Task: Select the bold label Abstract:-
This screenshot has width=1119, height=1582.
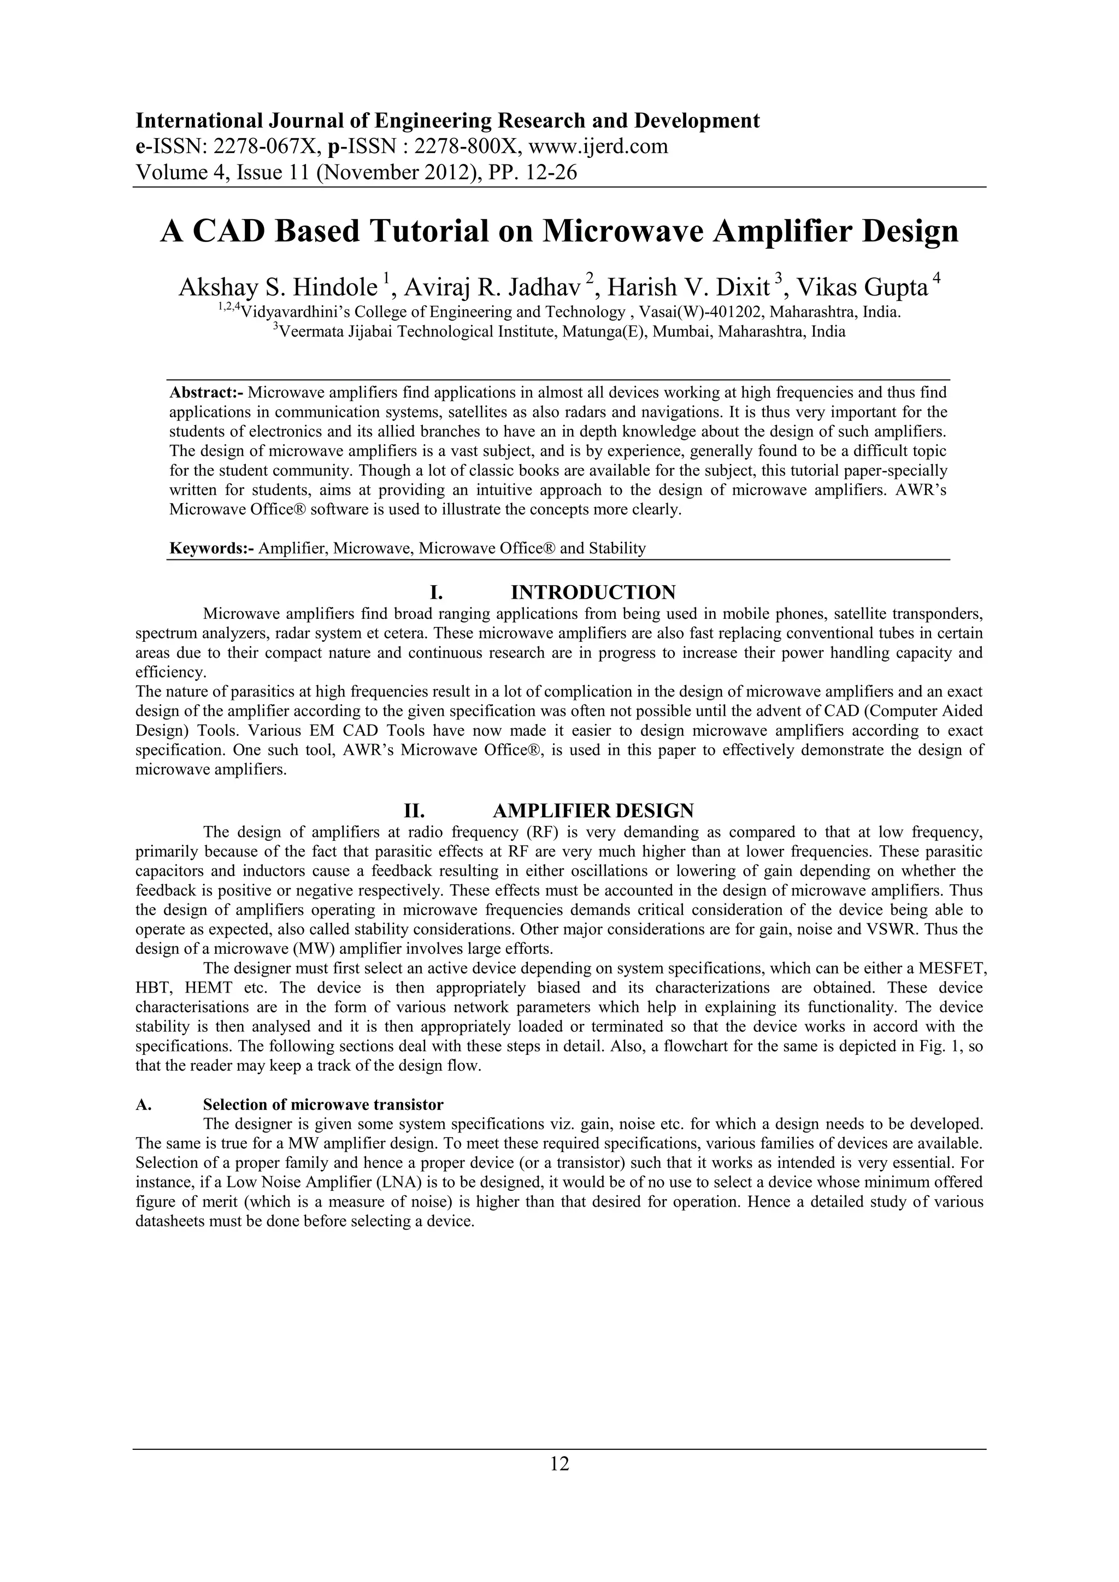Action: (x=206, y=393)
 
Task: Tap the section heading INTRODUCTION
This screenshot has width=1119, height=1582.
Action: (x=593, y=592)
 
